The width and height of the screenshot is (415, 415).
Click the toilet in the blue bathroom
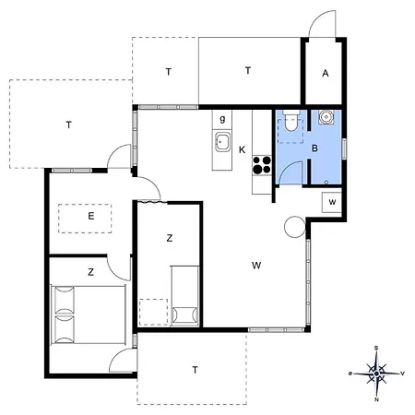point(290,120)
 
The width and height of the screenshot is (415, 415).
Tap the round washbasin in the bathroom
point(327,118)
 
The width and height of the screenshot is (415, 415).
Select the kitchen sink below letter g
point(223,142)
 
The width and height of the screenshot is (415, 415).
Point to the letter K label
point(242,149)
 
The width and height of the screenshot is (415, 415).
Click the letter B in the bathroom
point(314,148)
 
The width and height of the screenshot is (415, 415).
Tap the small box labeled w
point(331,203)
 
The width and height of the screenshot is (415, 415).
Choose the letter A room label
point(326,74)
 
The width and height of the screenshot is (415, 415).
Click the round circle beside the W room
point(294,226)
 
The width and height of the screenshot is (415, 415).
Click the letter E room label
point(90,217)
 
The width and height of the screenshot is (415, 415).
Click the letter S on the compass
point(377,348)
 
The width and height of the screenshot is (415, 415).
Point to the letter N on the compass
point(377,400)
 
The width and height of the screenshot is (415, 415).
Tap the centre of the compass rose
point(377,373)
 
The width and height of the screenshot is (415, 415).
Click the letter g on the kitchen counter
point(223,118)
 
